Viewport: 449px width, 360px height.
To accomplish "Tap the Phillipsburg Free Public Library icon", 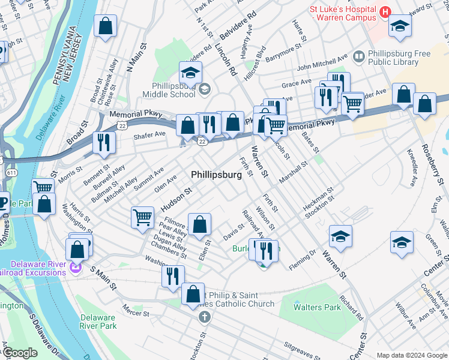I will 358,57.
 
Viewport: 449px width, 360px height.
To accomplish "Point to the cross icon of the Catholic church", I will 203,316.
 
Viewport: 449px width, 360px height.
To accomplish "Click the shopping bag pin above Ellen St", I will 199,224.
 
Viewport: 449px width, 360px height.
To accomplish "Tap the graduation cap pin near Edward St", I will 400,25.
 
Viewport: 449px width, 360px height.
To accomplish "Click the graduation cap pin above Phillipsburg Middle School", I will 190,73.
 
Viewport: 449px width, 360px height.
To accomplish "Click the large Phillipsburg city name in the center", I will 216,175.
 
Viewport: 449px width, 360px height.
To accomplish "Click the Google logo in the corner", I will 20,353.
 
